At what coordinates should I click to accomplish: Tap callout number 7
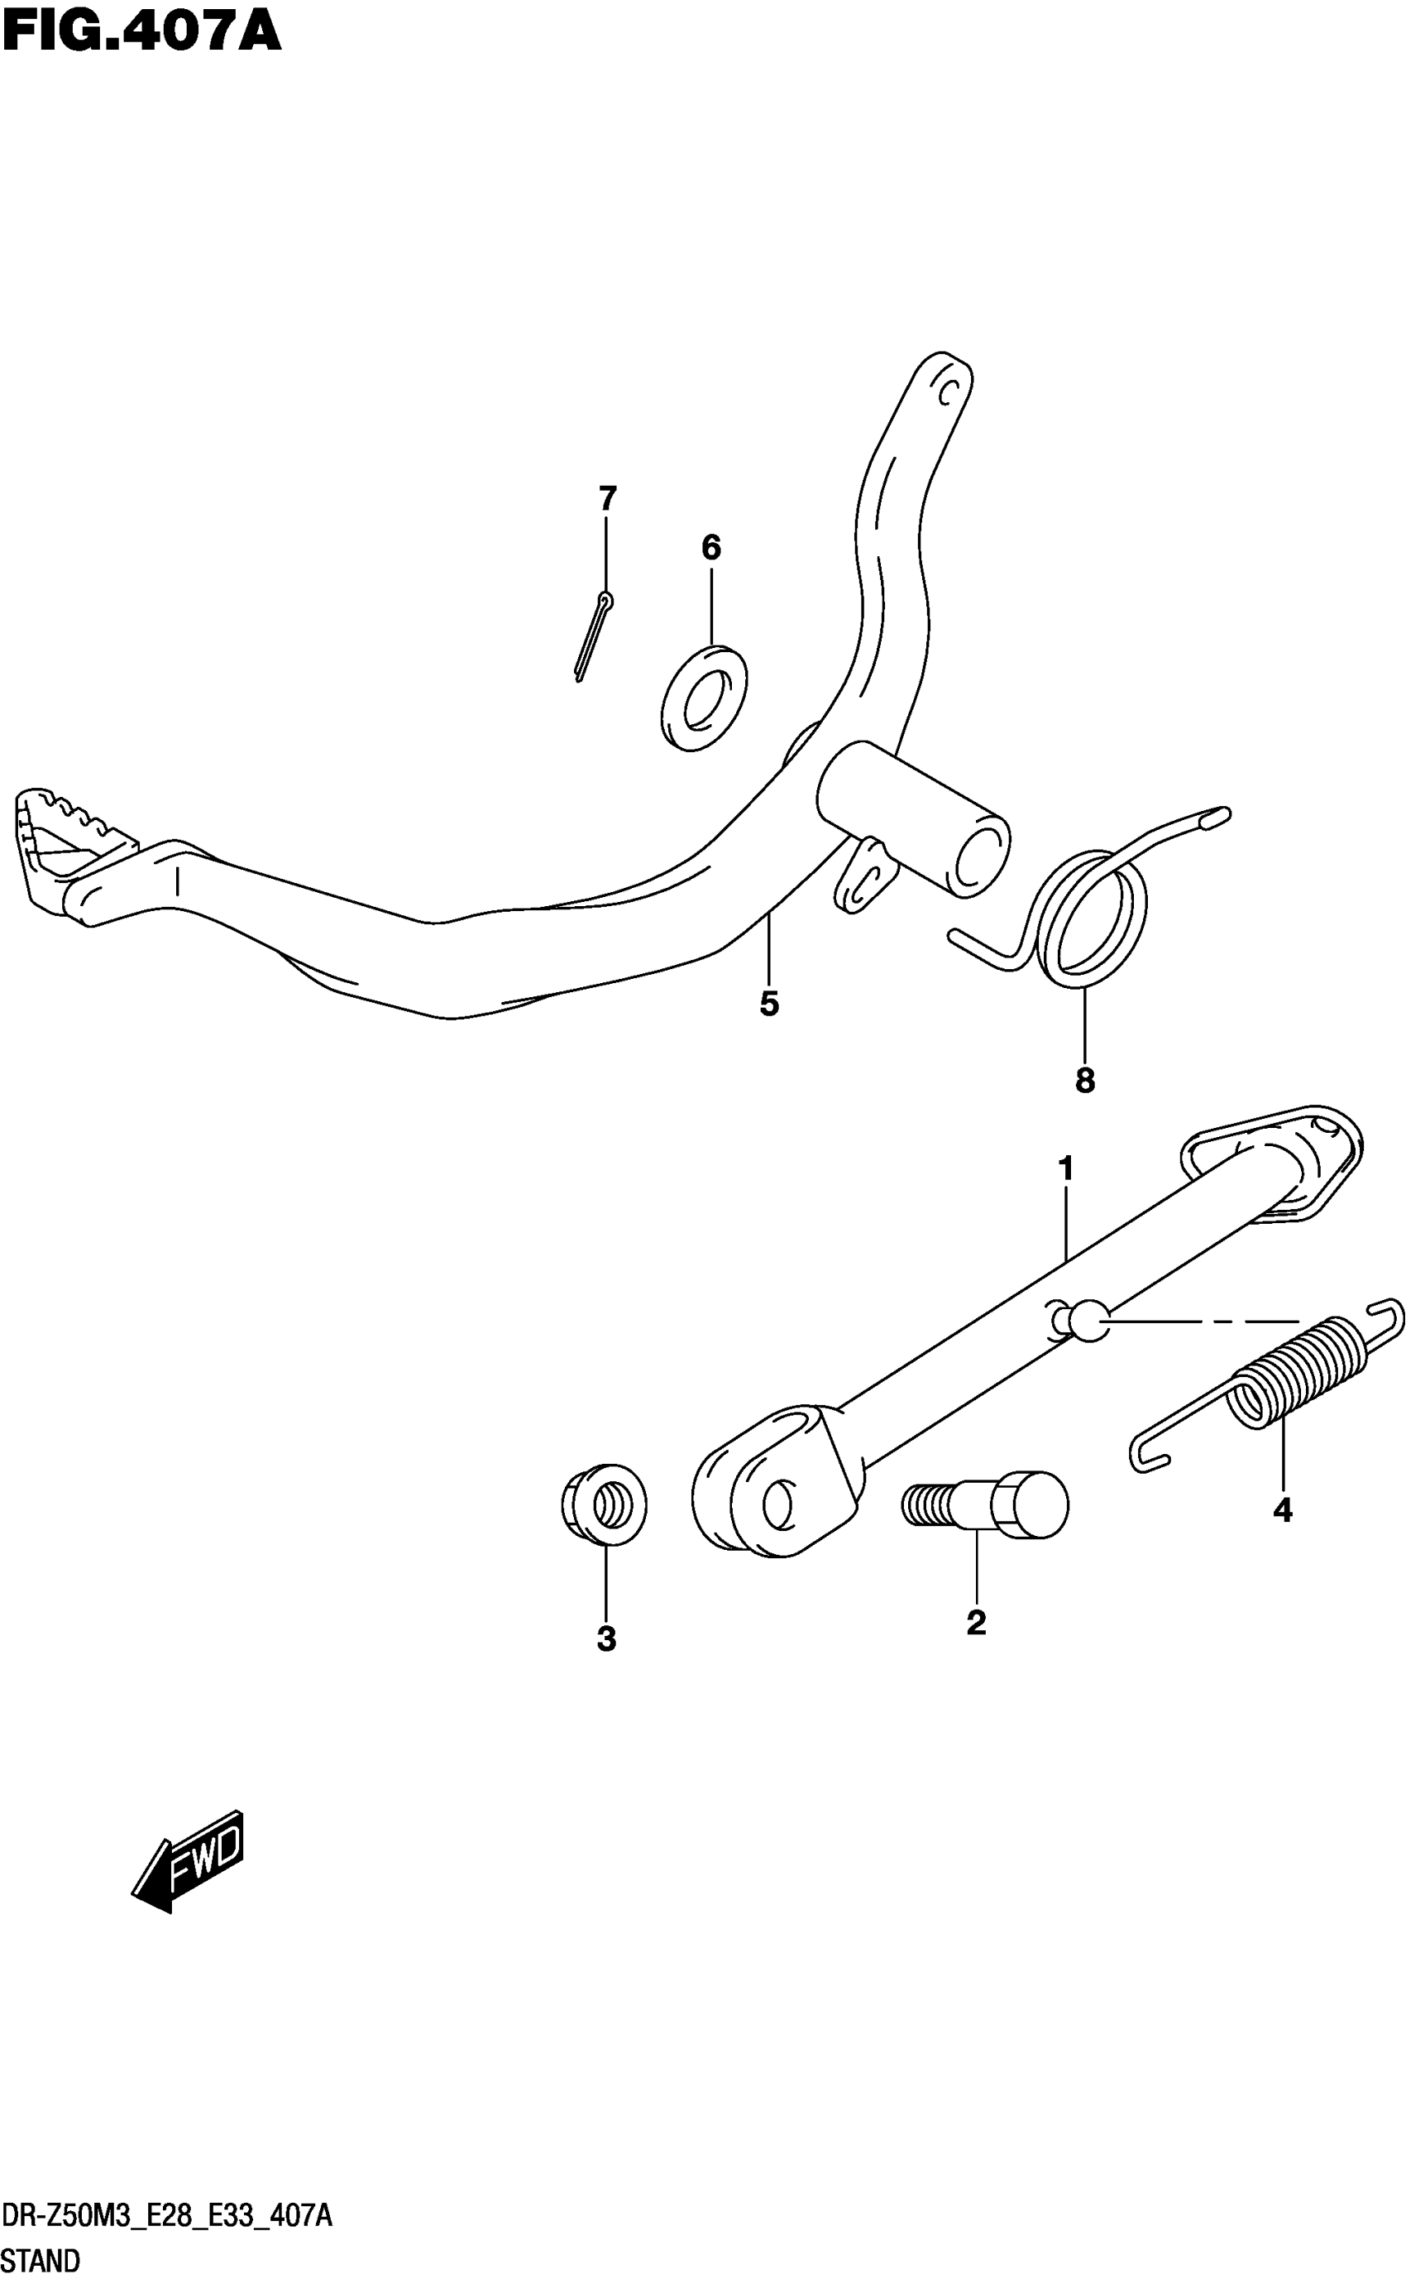tap(607, 499)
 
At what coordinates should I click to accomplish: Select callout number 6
tap(710, 548)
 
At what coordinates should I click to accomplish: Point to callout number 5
tap(769, 1004)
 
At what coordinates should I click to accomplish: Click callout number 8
tap(1084, 1080)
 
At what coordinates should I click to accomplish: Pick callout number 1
tap(1065, 1168)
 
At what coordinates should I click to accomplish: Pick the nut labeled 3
tap(605, 1504)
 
